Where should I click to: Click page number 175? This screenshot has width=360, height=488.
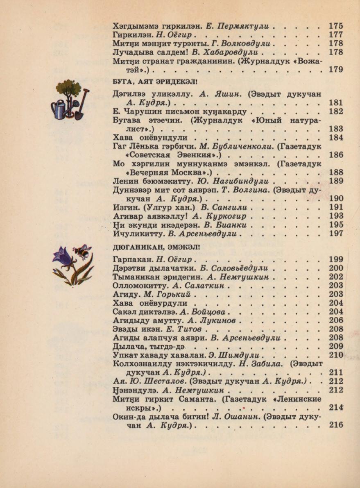click(335, 26)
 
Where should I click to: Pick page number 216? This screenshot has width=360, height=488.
click(335, 425)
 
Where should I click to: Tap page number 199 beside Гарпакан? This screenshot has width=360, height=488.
click(335, 259)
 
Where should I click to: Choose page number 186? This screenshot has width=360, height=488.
click(335, 155)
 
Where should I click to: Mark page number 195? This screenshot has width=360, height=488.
click(335, 225)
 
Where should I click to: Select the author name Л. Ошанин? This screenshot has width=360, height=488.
click(235, 416)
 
